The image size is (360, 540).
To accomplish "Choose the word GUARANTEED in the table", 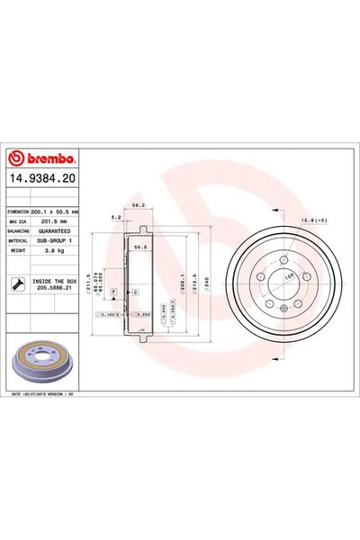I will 53,232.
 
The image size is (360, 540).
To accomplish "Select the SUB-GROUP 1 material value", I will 53,243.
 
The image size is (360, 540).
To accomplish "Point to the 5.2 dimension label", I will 115,218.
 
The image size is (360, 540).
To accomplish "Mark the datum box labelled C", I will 135,293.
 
